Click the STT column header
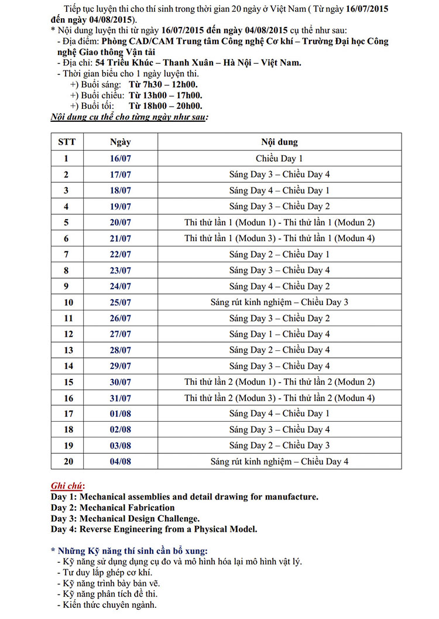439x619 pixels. [x=66, y=142]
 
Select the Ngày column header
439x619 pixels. [x=121, y=142]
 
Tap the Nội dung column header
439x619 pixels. [x=279, y=142]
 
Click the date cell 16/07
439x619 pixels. [x=121, y=158]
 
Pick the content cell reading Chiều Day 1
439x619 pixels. [x=279, y=158]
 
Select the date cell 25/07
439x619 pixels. [x=121, y=302]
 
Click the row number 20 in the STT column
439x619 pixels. [x=66, y=461]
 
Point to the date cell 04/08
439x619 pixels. [x=121, y=461]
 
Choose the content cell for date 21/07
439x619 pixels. [x=279, y=238]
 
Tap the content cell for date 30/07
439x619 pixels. [x=279, y=382]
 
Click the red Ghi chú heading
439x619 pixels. [x=67, y=486]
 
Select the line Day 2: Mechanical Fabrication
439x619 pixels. [x=112, y=508]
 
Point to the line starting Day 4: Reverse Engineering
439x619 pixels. [x=153, y=529]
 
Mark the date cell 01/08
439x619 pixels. [x=121, y=413]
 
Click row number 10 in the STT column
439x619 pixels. [x=66, y=302]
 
